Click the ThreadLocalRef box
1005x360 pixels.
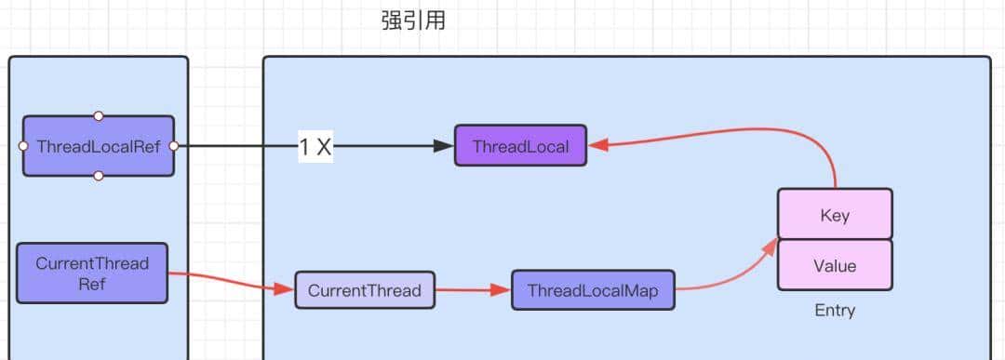point(99,146)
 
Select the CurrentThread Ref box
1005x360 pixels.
point(92,273)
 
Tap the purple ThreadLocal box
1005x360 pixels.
point(520,146)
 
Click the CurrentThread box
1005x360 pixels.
point(364,290)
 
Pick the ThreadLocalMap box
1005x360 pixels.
point(593,290)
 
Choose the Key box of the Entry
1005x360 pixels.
point(835,215)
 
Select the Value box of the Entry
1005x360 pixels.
point(835,265)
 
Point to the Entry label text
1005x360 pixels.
point(835,310)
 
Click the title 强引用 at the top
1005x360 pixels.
point(413,20)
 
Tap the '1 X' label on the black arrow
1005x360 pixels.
point(315,147)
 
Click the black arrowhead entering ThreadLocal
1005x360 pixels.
point(445,146)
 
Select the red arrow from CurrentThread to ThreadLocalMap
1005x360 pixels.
point(473,290)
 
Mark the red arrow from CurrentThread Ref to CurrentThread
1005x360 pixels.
point(228,280)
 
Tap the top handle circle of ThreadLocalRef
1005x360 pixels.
point(99,116)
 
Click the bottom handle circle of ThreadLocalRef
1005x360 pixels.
point(99,176)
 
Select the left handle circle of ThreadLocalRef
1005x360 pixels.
point(23,146)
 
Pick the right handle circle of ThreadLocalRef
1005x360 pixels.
point(174,146)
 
